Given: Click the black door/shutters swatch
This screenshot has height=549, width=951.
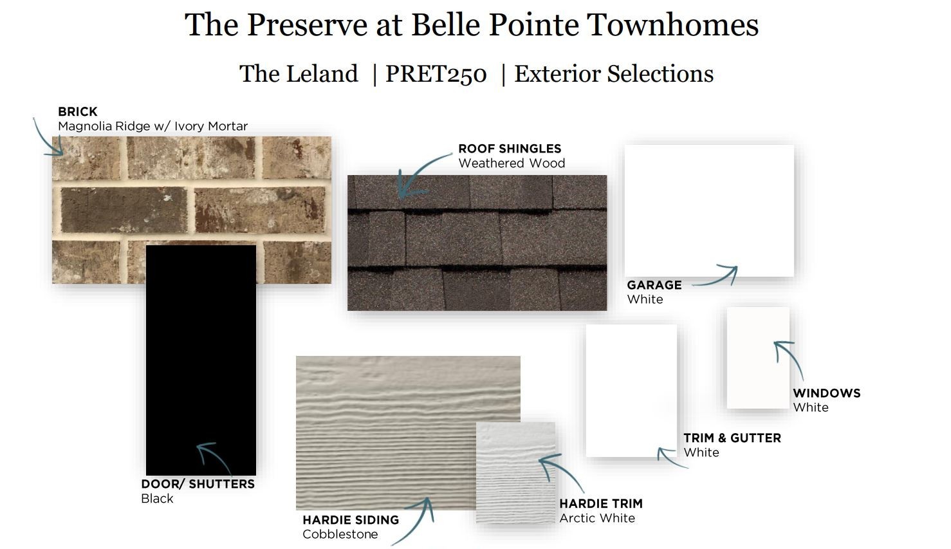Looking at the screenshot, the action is [x=201, y=360].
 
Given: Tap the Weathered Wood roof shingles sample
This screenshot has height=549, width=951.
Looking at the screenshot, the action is [x=477, y=243].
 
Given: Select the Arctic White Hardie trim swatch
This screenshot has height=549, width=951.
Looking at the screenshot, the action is [x=515, y=472].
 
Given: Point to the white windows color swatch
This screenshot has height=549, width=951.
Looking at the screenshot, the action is [x=758, y=357].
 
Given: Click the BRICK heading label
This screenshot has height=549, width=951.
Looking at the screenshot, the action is [x=78, y=112].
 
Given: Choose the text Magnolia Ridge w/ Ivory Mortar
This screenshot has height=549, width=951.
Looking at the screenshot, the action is [x=153, y=126].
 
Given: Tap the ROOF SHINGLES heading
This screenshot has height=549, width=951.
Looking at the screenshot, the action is [x=510, y=149].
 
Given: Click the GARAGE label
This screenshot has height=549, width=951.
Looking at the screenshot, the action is [x=654, y=285].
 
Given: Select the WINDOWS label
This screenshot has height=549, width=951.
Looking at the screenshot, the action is [x=827, y=393].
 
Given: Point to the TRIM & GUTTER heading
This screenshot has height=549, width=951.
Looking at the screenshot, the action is [x=732, y=438].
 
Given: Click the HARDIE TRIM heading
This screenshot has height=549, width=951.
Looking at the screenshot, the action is [x=601, y=503].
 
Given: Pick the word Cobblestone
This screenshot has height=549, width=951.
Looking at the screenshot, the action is [x=340, y=534].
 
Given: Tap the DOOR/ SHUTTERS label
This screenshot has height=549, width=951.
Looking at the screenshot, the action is [x=198, y=484].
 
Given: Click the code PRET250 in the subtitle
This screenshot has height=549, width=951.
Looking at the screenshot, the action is [x=436, y=74].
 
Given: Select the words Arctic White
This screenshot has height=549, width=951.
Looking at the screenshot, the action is [x=597, y=518].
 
